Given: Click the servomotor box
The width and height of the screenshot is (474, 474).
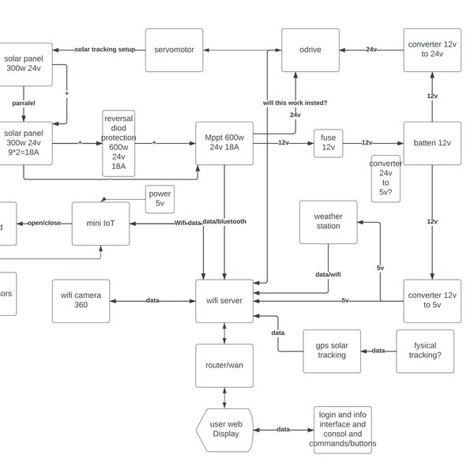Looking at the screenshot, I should coord(175,49).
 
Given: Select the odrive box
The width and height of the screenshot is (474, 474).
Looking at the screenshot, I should coord(311,49).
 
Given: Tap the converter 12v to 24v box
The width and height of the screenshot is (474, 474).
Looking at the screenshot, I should coord(432,49).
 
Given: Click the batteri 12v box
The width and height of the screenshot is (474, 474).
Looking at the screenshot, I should coord(432,143).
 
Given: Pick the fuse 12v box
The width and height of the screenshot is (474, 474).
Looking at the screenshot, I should coord(328,143).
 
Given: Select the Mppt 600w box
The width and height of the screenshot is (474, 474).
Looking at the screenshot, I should coord(225,143).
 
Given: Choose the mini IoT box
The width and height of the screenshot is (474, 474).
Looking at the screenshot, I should coord(100,223).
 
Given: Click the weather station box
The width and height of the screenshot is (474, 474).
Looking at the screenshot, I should coord(328,221).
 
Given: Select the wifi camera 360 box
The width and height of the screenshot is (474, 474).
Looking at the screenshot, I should coord(81,300).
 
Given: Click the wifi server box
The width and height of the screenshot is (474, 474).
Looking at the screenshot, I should coord(225,300).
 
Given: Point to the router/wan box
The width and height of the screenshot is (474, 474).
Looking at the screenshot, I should coord(225,365).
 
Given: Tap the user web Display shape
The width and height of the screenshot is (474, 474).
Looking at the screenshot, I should coord(224,429).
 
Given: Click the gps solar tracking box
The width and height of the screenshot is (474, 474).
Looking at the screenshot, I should coord(332,351).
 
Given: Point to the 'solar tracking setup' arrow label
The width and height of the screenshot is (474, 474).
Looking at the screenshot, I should coord(104,49).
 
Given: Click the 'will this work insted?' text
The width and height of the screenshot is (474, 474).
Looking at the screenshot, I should coord(295,103).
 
